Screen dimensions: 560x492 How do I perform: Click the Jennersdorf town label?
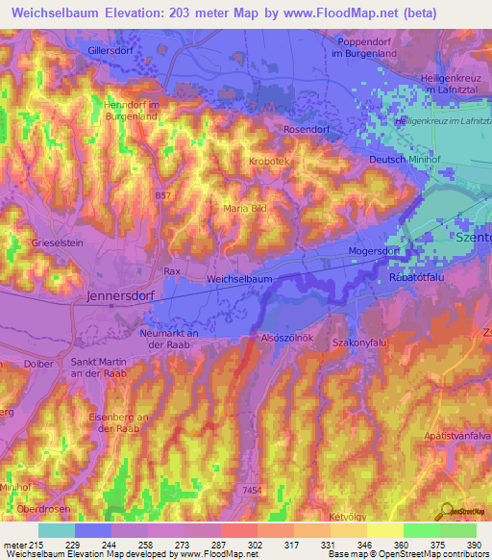coord(122,297)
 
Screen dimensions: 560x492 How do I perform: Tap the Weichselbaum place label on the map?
coord(240,278)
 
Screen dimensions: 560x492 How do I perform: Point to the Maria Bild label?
coord(244,208)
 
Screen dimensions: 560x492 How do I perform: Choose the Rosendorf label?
coord(307,128)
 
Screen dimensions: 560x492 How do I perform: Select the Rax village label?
coord(173,272)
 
